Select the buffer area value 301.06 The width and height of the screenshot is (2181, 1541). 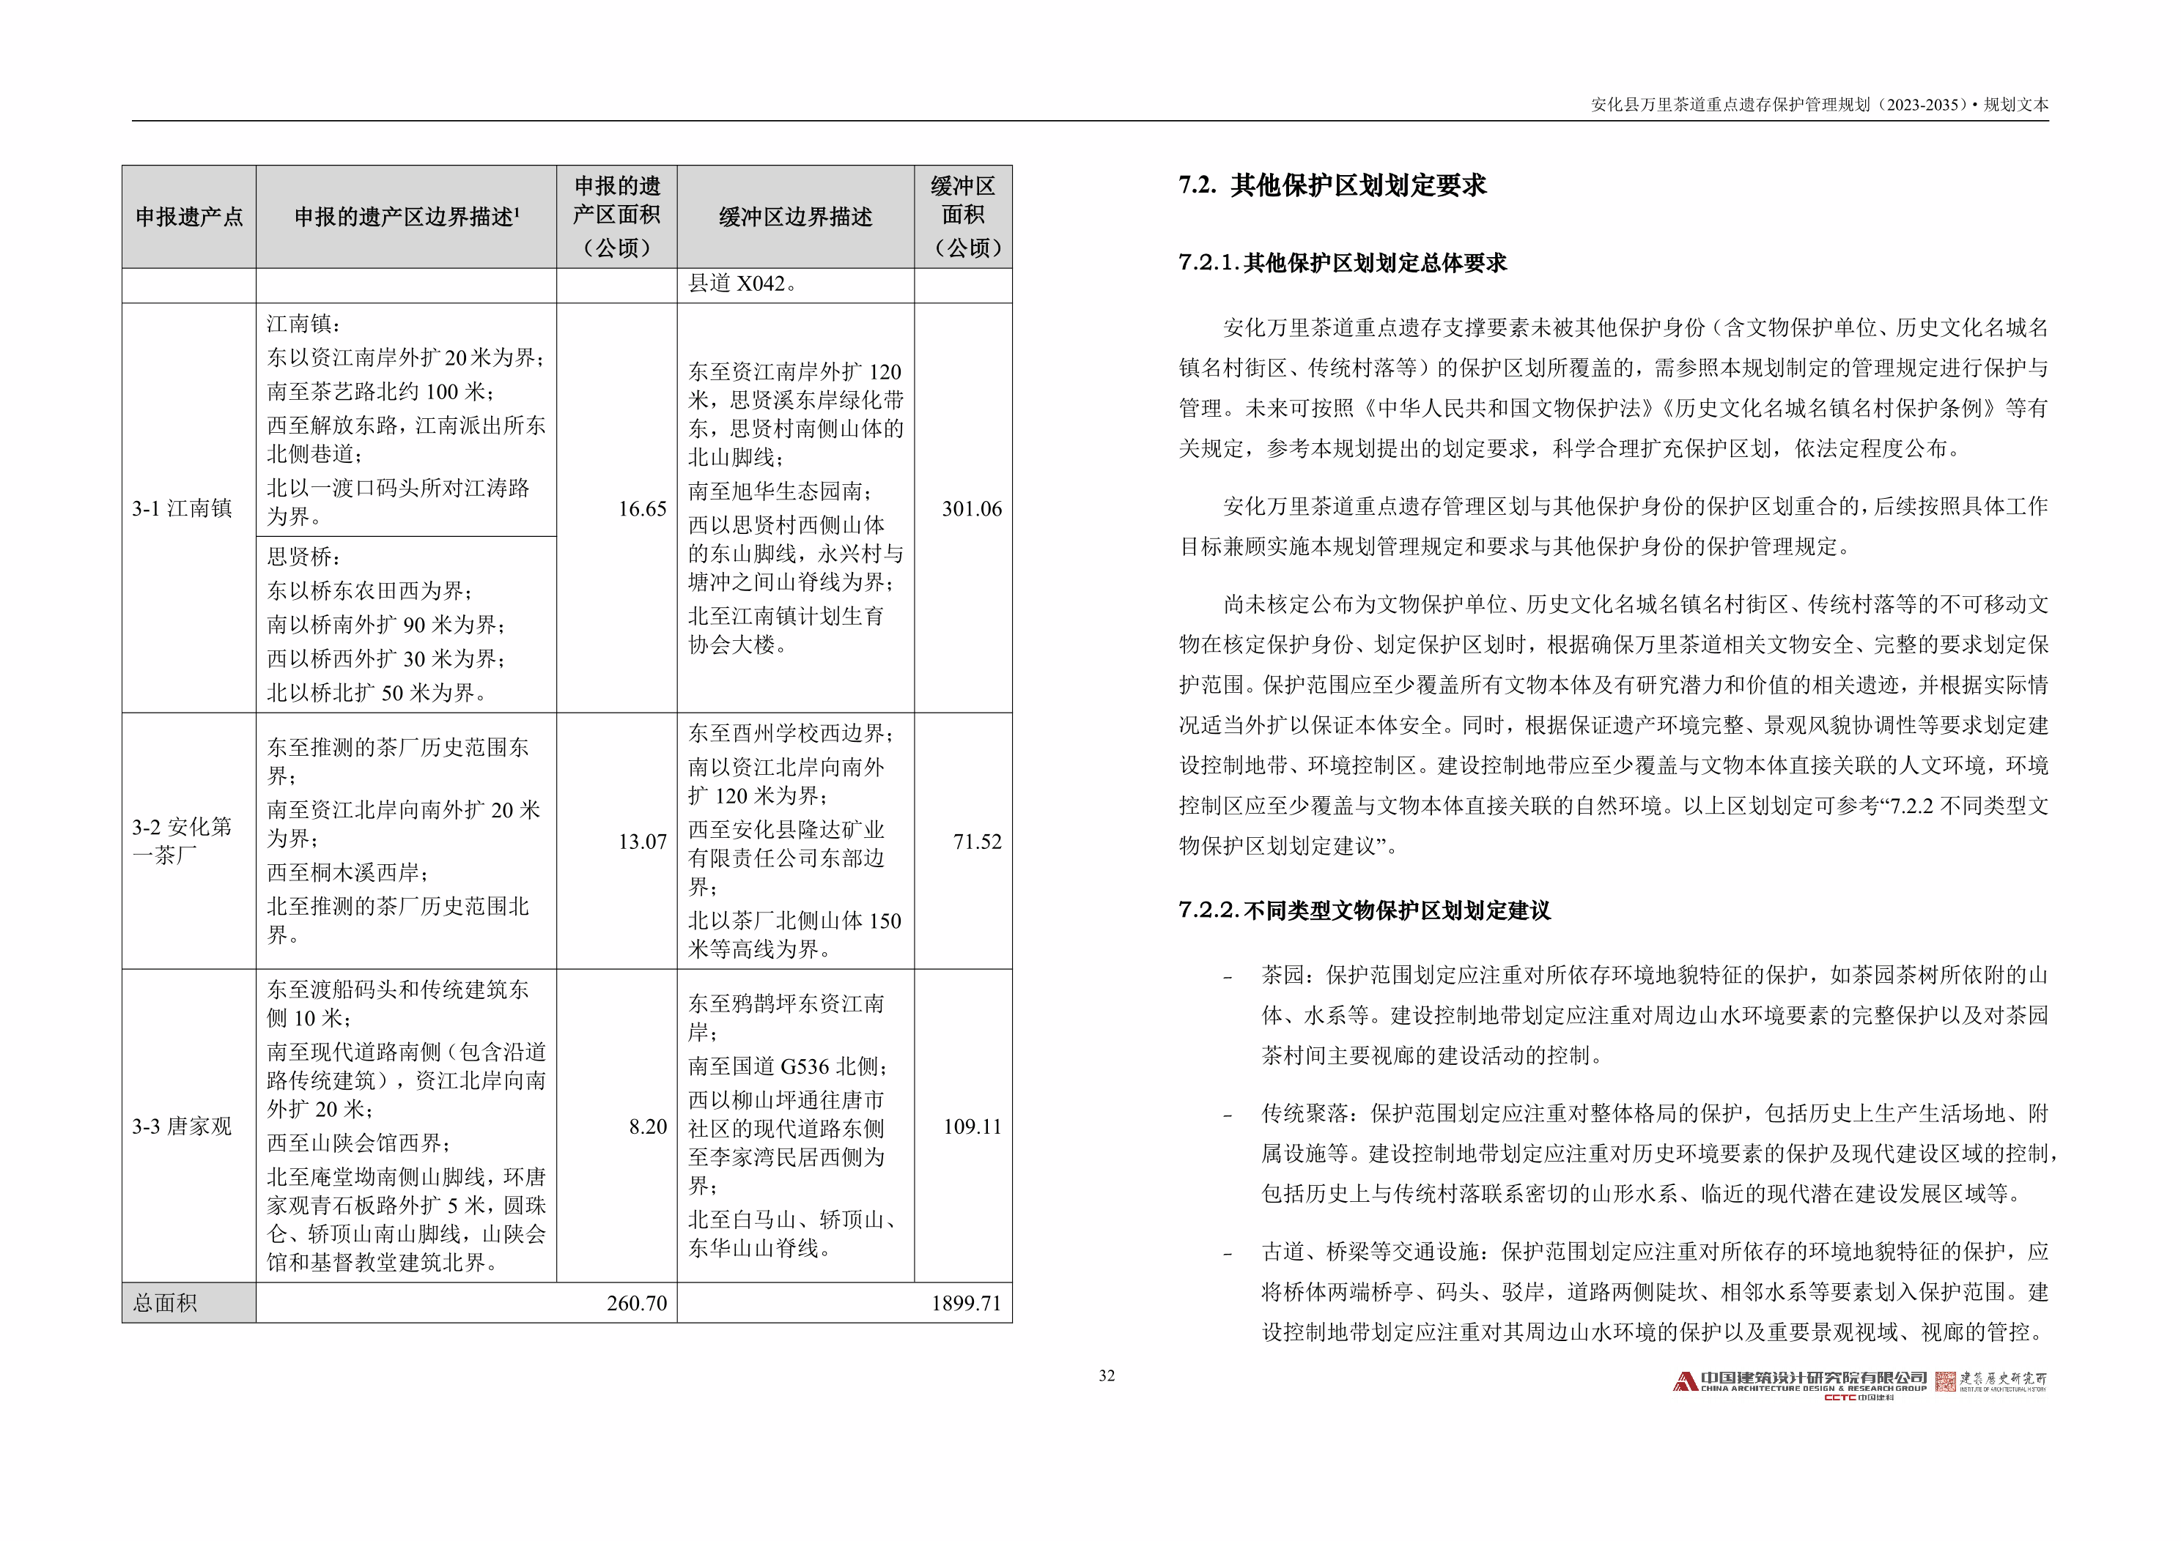click(971, 509)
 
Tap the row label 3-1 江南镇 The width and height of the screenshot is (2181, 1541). click(182, 509)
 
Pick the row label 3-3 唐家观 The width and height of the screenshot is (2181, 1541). click(182, 1126)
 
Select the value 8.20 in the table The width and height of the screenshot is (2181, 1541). click(648, 1126)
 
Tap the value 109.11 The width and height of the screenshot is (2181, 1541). click(972, 1126)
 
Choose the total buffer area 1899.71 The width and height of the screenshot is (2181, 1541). click(965, 1303)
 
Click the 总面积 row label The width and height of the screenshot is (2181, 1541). click(166, 1303)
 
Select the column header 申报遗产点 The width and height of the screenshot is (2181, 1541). click(189, 218)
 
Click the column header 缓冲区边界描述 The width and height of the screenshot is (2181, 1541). click(795, 218)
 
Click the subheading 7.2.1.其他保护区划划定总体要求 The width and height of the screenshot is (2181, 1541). click(1342, 263)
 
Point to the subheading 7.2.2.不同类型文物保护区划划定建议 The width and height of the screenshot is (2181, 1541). click(1364, 910)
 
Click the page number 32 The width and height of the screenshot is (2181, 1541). click(1107, 1375)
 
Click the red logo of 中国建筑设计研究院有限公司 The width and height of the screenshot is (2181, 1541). click(1685, 1381)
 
